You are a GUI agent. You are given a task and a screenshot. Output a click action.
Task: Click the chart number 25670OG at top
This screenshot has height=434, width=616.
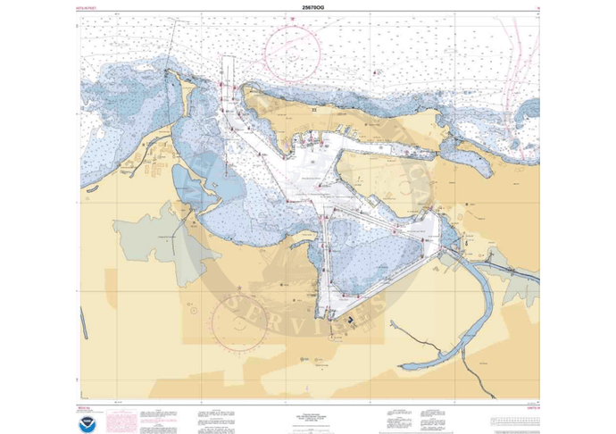tap(308, 8)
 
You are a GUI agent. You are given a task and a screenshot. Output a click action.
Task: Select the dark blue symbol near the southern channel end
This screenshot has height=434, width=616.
tap(352, 315)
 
